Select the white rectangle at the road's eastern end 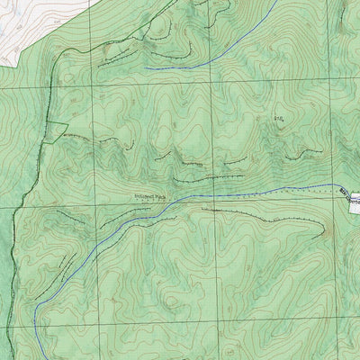[x=354, y=196]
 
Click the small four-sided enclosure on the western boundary [x=53, y=130]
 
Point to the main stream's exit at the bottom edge [x=35, y=357]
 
